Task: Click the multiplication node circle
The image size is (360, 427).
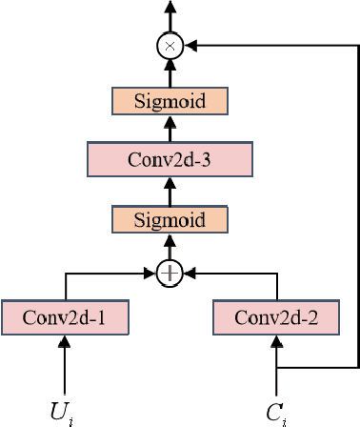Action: coord(170,44)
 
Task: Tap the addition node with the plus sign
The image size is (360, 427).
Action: coord(170,274)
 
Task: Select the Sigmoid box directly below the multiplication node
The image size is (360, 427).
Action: coord(170,101)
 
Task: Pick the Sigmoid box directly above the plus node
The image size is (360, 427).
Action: coord(170,219)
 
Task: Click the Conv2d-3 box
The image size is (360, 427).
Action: coord(170,159)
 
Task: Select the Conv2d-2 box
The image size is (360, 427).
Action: coord(276,315)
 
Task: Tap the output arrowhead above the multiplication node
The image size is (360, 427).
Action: coord(170,8)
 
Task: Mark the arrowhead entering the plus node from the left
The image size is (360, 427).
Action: coord(154,274)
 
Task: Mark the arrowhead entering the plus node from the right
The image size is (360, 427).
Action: coord(188,274)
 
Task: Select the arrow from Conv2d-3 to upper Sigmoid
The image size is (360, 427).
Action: coord(170,130)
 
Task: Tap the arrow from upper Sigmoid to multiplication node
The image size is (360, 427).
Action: coord(170,72)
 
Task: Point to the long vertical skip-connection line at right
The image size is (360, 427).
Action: coord(358,210)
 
